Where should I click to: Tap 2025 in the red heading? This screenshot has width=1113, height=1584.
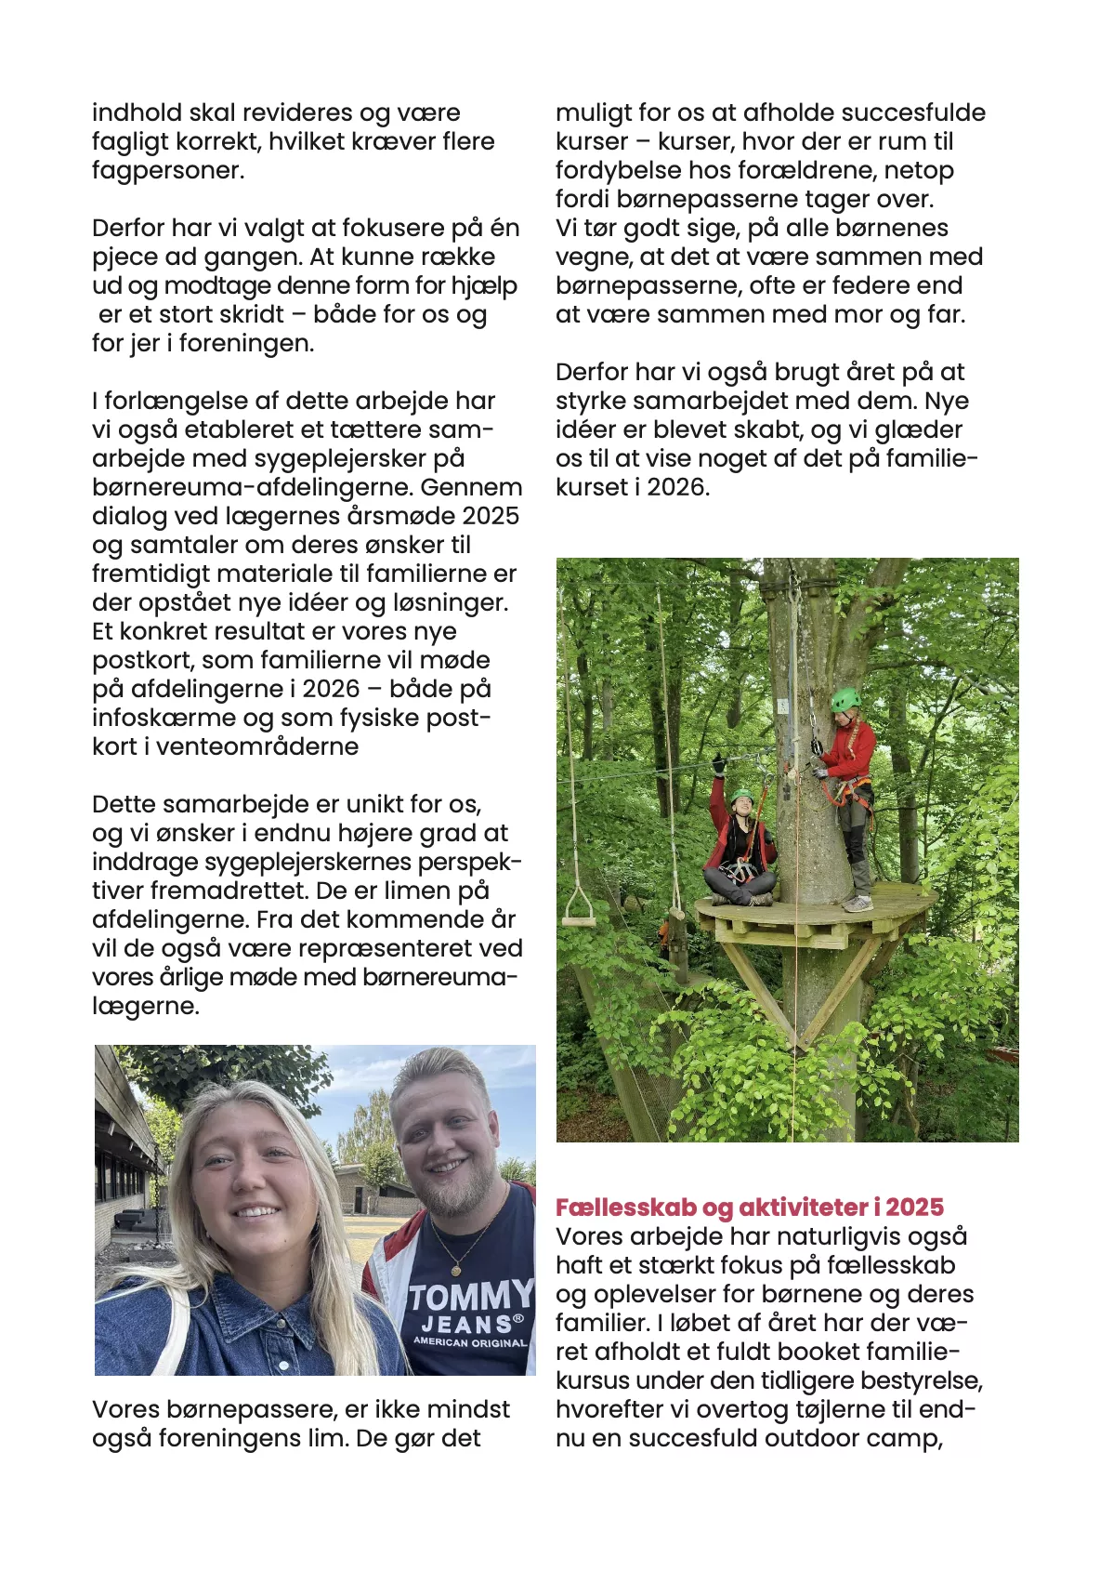tap(914, 1208)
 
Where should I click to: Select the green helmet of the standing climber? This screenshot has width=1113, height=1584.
tap(845, 699)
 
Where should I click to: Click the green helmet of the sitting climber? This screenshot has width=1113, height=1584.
tap(741, 797)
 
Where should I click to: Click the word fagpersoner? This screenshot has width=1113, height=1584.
tap(168, 171)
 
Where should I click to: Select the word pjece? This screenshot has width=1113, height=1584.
tap(124, 257)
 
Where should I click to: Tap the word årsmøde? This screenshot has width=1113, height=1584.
tap(402, 517)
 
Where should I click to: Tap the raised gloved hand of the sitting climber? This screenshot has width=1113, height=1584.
tap(718, 766)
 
